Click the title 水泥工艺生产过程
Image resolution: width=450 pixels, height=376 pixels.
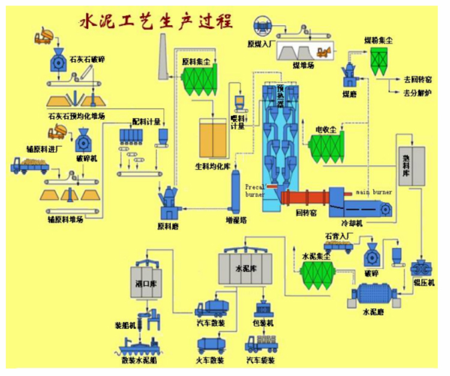pos(157,22)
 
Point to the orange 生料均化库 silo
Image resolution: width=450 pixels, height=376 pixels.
pos(213,139)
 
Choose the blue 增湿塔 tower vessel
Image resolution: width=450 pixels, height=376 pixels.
pos(236,191)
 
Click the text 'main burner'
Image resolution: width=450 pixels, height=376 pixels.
pos(374,192)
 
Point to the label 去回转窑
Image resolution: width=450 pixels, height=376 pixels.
pos(418,79)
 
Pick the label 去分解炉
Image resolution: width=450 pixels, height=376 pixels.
pos(418,93)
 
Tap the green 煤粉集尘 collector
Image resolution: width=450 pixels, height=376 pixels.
pos(381,61)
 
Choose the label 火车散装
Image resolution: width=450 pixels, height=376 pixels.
pos(211,360)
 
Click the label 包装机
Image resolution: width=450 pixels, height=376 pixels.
pos(262,323)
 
